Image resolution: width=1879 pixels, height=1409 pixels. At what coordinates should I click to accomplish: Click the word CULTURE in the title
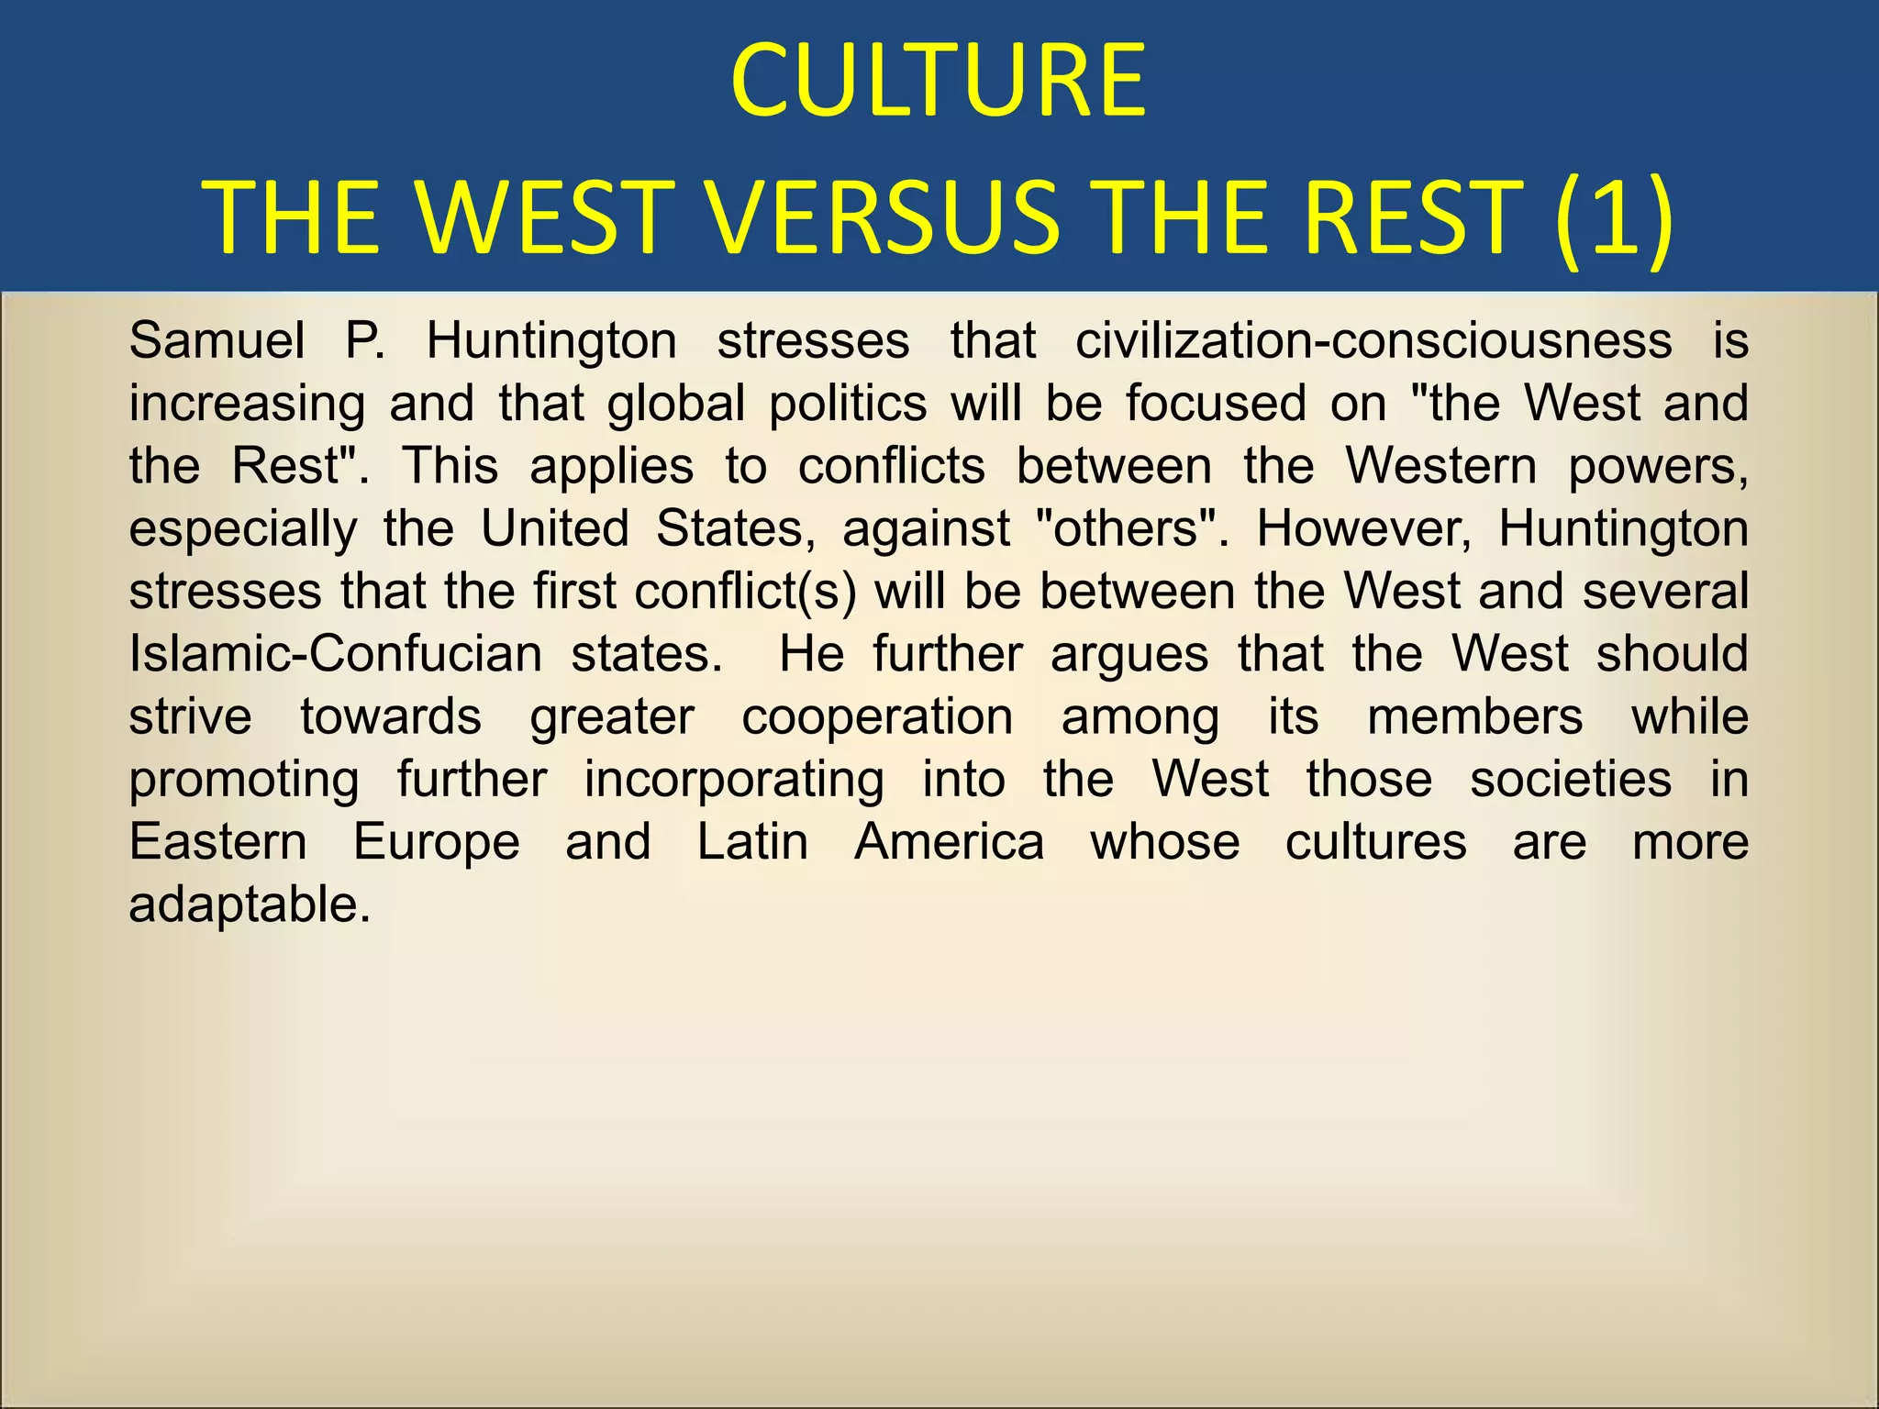938,83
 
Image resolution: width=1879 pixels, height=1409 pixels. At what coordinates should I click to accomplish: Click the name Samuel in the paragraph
217,341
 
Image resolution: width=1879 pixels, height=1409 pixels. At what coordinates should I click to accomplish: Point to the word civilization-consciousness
1373,341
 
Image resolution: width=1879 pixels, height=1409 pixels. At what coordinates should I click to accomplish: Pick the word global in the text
676,404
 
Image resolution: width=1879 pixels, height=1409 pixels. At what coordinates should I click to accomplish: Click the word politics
848,404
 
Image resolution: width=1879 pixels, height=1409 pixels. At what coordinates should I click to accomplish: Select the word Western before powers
1440,466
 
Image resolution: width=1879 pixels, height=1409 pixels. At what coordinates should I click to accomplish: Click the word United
555,529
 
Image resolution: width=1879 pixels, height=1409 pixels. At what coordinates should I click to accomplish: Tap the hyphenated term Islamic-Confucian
336,654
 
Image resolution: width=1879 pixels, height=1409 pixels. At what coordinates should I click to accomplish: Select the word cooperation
877,716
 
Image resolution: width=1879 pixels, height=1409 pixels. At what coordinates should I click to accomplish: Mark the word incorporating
734,780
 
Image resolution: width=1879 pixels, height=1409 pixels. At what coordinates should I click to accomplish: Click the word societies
1571,780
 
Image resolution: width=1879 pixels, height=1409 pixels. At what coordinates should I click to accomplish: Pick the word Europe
437,842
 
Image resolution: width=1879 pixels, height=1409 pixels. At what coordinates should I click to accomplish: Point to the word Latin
752,842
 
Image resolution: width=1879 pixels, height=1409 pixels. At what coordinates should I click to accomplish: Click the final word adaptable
250,905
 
